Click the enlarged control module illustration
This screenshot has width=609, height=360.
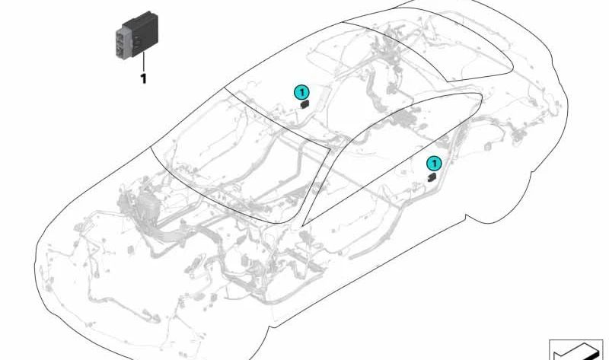tap(137, 36)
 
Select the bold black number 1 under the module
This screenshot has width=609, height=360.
tap(144, 79)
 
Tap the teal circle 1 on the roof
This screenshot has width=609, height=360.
tap(301, 92)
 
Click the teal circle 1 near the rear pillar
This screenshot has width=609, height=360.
tap(434, 164)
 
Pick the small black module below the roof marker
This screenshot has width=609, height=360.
tap(304, 104)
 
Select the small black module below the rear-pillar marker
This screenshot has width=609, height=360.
tap(432, 177)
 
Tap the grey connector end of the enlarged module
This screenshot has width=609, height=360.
tap(124, 43)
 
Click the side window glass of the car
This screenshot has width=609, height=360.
tap(388, 155)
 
